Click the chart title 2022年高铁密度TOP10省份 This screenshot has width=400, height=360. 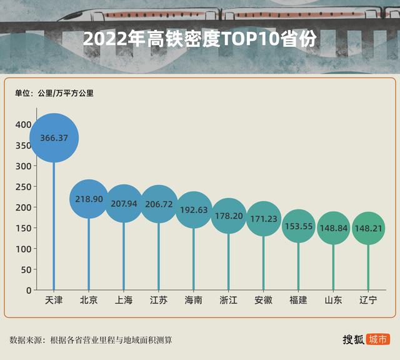coord(200,39)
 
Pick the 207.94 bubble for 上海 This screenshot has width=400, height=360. coord(124,203)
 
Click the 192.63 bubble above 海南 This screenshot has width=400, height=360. coord(194,210)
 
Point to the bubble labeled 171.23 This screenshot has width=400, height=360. coord(263,219)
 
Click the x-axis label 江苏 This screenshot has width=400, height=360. coord(159,301)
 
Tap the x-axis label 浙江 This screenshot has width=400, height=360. coord(229,301)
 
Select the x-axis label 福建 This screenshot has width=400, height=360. coord(298,301)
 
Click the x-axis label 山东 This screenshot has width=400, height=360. coord(333,301)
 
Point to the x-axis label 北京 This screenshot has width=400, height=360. coord(89,301)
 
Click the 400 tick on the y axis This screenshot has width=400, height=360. coord(23,125)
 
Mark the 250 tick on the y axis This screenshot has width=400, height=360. coord(23,187)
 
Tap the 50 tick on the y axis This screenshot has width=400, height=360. coord(26,269)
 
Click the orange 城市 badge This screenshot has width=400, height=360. coord(378,339)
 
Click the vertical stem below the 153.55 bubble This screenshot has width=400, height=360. coord(298,269)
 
